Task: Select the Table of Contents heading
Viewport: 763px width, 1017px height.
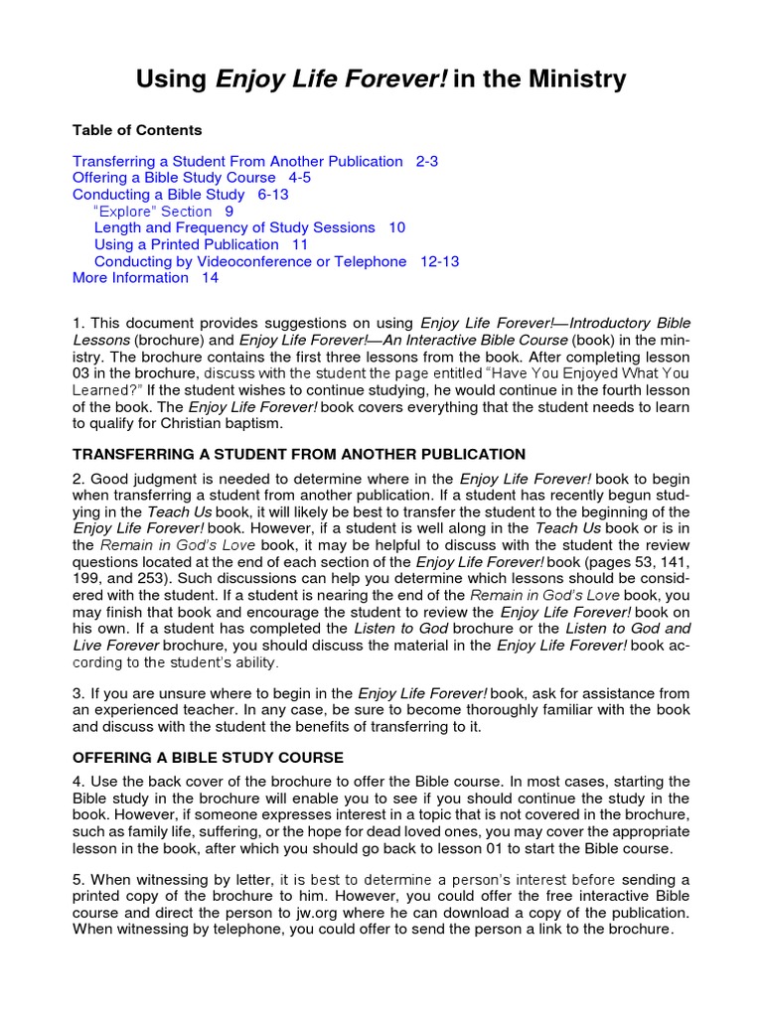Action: (x=137, y=130)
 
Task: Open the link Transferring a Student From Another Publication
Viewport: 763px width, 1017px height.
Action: (x=237, y=161)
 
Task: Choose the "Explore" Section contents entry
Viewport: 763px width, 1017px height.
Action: (x=152, y=212)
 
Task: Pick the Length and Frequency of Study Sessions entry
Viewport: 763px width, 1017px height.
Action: (x=234, y=227)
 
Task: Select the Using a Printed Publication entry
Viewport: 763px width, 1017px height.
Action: (x=186, y=244)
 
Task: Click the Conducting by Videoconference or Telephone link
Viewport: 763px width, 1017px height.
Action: (x=250, y=261)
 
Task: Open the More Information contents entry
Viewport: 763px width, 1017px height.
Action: (x=130, y=278)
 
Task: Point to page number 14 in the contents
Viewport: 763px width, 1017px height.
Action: (x=210, y=278)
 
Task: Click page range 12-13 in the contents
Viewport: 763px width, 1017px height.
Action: (x=439, y=261)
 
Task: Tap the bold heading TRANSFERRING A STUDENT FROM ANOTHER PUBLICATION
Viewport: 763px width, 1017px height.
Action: (x=299, y=454)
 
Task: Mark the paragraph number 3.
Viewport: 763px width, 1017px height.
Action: (x=77, y=692)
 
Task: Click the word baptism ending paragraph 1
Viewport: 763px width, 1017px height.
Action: (x=252, y=423)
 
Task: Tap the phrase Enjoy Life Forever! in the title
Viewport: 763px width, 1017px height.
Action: (x=331, y=78)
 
